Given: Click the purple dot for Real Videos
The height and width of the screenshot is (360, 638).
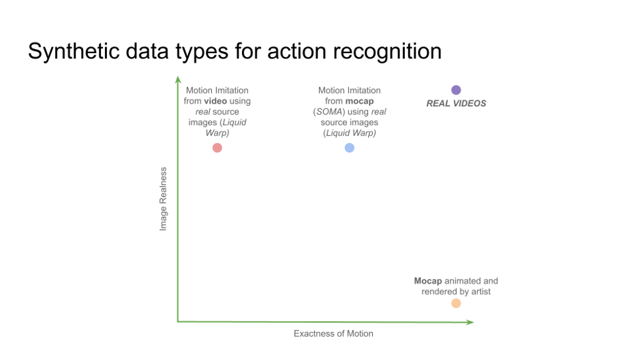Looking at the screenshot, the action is coord(456,90).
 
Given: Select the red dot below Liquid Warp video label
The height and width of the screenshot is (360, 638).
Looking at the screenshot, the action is coord(217,148).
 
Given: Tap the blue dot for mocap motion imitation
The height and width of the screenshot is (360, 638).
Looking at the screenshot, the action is coord(350,148).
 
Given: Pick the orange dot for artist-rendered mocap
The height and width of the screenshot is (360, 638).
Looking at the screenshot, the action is coord(456,303).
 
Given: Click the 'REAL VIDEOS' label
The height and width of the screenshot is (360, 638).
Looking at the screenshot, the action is coord(456,104).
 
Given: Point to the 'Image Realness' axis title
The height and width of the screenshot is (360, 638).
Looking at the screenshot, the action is coord(163,199).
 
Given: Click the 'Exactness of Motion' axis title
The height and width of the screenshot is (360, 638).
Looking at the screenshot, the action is coord(333,333).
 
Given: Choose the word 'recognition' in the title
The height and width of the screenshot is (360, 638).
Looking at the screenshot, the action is coord(387,52).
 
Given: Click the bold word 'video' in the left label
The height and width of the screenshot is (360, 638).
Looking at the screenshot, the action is coord(215,101).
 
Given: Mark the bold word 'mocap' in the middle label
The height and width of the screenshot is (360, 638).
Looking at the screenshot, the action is coord(359,102).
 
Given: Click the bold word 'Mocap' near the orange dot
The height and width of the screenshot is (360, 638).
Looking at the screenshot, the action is coord(427,281).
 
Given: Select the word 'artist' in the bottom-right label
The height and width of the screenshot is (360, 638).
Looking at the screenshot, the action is coord(481,292).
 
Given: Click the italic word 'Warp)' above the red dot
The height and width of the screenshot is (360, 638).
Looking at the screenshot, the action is coord(217,133).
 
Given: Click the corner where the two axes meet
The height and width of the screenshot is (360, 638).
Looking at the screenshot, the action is coord(178,322).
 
